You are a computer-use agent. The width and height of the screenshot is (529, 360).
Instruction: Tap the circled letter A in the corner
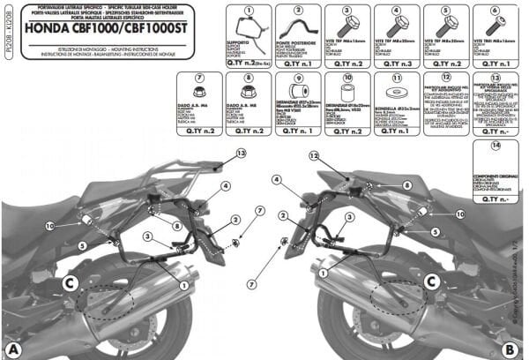click(x=11, y=348)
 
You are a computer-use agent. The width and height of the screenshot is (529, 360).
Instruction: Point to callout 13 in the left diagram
click(x=241, y=154)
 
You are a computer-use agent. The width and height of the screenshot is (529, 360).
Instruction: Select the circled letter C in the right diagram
click(x=432, y=281)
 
